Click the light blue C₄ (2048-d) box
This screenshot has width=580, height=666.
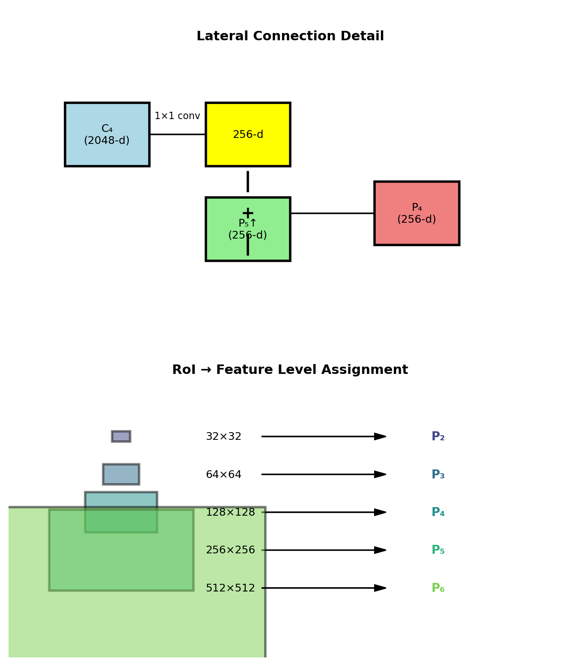107,134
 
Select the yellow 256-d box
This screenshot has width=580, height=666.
248,134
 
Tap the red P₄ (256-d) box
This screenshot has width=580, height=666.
416,213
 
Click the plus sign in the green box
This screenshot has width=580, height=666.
248,213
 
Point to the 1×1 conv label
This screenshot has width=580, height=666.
177,116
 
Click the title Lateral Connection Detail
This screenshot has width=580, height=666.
290,36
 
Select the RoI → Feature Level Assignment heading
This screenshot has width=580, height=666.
290,370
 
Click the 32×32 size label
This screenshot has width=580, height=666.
223,437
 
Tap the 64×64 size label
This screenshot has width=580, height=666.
223,475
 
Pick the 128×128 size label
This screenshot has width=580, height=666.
230,513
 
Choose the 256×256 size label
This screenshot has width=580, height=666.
230,550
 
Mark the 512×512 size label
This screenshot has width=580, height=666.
230,588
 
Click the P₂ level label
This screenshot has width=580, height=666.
438,437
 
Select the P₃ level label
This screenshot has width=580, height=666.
438,475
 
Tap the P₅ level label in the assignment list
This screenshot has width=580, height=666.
438,550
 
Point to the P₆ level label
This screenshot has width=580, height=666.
438,588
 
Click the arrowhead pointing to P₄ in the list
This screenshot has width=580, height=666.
381,512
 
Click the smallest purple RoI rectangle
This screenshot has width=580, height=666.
121,436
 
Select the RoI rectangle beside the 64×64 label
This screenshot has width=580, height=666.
121,474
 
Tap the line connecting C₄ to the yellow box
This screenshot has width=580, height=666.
177,134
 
